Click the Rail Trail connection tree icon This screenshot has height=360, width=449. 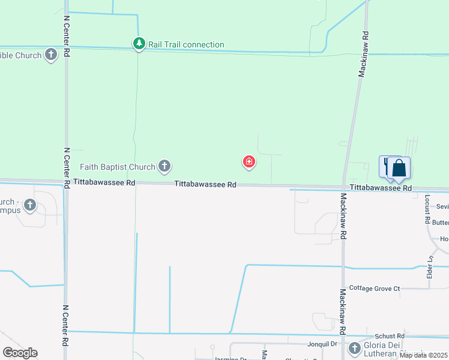pyautogui.click(x=139, y=44)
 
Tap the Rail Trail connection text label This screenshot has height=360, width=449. pyautogui.click(x=186, y=44)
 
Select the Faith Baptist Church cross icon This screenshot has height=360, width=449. pyautogui.click(x=164, y=166)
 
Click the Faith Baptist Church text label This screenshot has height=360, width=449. pyautogui.click(x=118, y=166)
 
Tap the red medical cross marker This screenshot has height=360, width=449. pyautogui.click(x=249, y=161)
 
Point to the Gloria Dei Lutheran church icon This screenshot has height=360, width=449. pyautogui.click(x=355, y=348)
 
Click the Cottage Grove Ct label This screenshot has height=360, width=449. pyautogui.click(x=375, y=289)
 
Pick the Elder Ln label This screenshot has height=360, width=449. pyautogui.click(x=430, y=267)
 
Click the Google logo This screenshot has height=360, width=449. pyautogui.click(x=20, y=353)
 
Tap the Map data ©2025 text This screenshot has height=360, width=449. pyautogui.click(x=423, y=355)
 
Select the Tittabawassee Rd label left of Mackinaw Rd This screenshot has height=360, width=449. pyautogui.click(x=205, y=185)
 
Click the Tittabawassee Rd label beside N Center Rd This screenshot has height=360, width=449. pyautogui.click(x=104, y=181)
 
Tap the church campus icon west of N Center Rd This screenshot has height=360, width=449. pyautogui.click(x=29, y=206)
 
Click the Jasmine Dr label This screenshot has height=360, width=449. pyautogui.click(x=231, y=359)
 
